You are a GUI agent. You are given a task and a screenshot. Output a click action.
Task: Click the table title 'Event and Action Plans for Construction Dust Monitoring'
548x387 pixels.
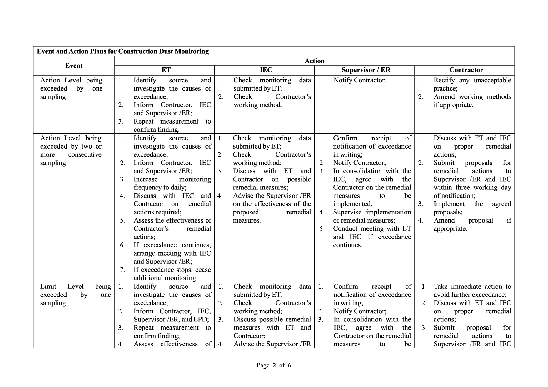[123, 51]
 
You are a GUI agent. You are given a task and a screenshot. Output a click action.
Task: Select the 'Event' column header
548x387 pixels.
[74, 66]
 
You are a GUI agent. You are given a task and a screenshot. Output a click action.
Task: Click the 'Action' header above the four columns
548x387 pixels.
[314, 61]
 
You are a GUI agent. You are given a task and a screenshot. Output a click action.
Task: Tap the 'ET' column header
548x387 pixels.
[166, 70]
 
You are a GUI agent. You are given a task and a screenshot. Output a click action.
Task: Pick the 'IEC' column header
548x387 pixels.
[266, 70]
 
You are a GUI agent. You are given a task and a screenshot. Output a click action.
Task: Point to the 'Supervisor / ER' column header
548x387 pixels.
[366, 70]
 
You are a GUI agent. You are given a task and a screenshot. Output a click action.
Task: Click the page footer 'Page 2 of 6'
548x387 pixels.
[274, 365]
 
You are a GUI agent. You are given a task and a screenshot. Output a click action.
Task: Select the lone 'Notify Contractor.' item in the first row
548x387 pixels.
[360, 80]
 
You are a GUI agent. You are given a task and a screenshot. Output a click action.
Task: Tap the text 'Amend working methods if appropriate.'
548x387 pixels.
[472, 101]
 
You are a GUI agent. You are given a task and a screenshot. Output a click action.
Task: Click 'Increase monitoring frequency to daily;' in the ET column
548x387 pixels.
[172, 183]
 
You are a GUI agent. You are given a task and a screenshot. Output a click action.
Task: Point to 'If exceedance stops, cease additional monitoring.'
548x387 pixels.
[172, 274]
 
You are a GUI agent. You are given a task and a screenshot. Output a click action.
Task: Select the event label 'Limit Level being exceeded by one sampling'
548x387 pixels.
[75, 295]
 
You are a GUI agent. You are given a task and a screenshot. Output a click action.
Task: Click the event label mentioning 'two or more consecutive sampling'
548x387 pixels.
[71, 150]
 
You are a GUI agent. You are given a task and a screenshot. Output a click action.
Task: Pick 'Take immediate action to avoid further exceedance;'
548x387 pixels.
[472, 291]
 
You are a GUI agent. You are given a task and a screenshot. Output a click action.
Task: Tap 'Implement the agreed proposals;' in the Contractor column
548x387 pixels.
[472, 208]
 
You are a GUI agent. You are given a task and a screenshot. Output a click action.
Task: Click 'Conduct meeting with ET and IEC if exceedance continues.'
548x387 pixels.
[372, 237]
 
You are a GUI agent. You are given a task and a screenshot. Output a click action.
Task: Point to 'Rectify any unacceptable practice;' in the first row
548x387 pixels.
[472, 84]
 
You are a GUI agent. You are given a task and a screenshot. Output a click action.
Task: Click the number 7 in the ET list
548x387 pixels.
[122, 270]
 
